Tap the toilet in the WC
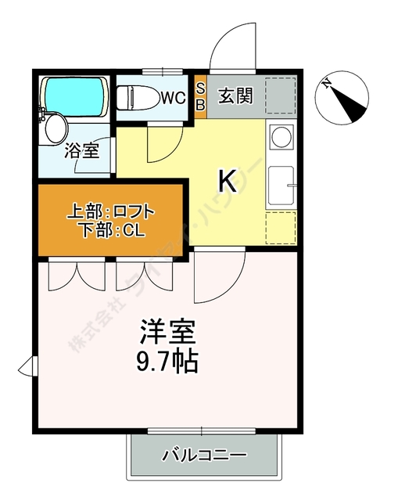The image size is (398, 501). pos(138,97)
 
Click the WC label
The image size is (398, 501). pos(174,97)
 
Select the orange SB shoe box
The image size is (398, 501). pos(200,96)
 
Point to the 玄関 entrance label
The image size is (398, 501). pos(235,96)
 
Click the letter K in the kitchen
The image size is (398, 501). pos(228,181)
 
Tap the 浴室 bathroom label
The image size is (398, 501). pos(82,150)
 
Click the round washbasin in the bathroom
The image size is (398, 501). pos(57,128)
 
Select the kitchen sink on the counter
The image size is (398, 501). pos(281,185)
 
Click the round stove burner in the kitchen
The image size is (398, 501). pos(281,137)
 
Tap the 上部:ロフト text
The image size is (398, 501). pos(111,212)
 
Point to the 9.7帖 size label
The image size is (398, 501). pos(167,362)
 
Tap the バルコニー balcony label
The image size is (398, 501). pos(204,455)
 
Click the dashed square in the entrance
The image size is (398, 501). pos(281,96)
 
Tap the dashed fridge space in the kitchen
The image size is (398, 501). pos(281,228)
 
